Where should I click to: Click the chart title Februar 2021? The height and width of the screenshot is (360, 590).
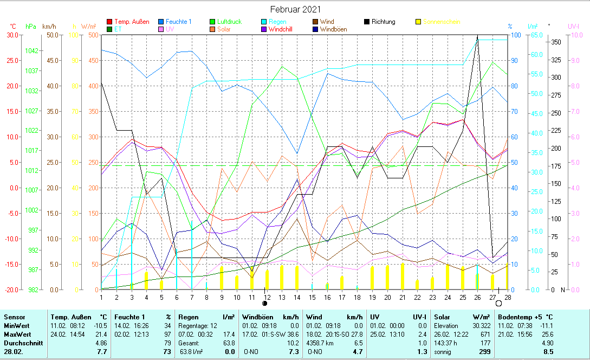point(295,9)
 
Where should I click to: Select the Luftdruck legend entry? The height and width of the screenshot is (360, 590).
point(229,22)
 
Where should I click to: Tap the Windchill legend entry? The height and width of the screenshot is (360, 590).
point(280,29)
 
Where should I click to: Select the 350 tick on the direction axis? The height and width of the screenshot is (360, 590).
point(555,42)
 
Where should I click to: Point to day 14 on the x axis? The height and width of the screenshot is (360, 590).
point(296,297)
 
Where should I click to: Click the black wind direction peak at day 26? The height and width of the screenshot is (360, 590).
point(477,36)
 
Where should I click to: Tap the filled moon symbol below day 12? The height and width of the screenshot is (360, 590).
point(265,304)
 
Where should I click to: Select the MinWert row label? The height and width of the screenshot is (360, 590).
point(17,325)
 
